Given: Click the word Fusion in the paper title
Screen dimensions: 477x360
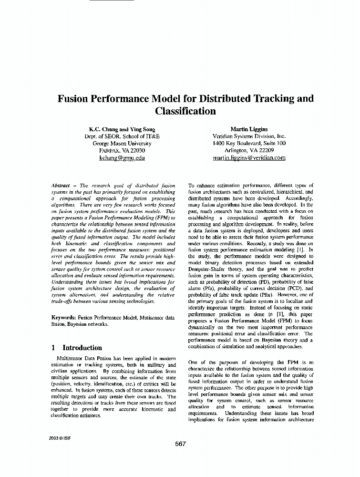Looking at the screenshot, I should [x=74, y=99].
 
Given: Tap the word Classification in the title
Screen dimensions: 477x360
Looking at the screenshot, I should [x=185, y=112].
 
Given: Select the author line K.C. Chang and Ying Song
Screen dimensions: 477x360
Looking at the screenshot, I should [x=122, y=129].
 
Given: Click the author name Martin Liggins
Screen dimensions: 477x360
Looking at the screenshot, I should [x=249, y=129].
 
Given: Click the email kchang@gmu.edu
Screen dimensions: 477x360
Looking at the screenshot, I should [x=122, y=157].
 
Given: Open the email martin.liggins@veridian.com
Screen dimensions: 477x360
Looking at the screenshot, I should [x=249, y=157].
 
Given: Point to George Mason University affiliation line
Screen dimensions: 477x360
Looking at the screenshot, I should [x=122, y=143].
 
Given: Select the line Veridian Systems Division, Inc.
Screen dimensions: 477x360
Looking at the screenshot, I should [x=249, y=136].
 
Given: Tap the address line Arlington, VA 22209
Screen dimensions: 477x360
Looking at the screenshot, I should [x=249, y=150].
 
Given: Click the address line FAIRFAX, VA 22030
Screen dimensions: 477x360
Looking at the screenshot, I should [x=122, y=150].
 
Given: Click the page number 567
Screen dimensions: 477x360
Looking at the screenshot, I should [x=180, y=444].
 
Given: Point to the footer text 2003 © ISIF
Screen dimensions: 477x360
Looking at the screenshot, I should [x=60, y=437].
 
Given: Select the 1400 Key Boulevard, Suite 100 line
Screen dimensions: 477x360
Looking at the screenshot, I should [x=249, y=143].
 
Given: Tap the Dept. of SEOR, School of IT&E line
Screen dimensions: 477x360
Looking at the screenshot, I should [x=122, y=136].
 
